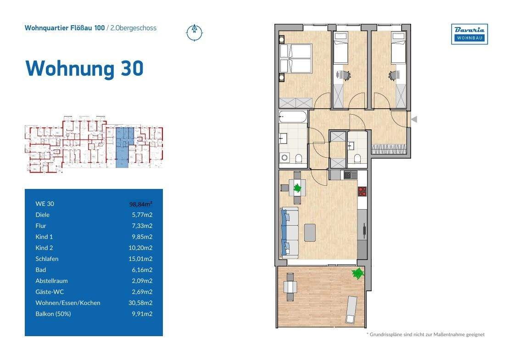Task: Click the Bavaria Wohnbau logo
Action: click(x=469, y=34)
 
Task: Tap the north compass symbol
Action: click(x=195, y=32)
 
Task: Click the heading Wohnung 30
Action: click(x=84, y=68)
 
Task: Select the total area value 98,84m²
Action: click(x=141, y=204)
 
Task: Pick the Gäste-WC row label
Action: click(x=48, y=292)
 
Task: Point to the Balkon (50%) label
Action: click(x=53, y=314)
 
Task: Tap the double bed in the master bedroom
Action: click(x=296, y=58)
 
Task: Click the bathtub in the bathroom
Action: click(x=293, y=117)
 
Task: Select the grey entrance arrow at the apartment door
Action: click(x=413, y=120)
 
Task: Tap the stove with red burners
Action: click(x=362, y=191)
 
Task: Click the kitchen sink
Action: click(x=351, y=174)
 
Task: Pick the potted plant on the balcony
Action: click(x=357, y=274)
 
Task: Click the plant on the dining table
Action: click(x=298, y=187)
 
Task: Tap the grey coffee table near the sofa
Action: click(x=310, y=232)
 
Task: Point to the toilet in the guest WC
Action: click(x=357, y=159)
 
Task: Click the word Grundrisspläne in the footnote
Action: click(x=388, y=334)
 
